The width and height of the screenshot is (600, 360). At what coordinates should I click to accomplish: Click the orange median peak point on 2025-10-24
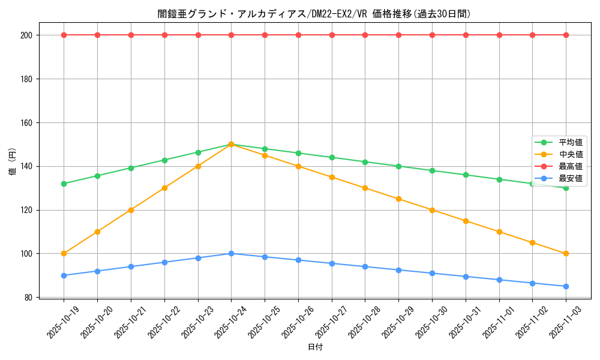[x=231, y=145]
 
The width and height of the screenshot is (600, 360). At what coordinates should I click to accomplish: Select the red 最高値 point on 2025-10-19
[x=64, y=35]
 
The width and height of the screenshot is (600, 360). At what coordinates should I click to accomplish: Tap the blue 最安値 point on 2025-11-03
[x=566, y=286]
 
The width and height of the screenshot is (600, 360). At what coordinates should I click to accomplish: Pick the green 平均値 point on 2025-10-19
[x=64, y=184]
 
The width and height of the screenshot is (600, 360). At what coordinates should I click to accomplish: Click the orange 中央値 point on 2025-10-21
[x=131, y=210]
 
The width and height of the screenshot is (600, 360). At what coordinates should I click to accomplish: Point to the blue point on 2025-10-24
[x=231, y=253]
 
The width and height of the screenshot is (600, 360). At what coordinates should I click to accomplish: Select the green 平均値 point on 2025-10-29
[x=398, y=166]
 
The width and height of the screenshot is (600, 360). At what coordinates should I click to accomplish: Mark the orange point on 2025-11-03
[x=566, y=253]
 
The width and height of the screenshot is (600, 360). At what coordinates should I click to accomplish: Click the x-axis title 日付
[x=315, y=347]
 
